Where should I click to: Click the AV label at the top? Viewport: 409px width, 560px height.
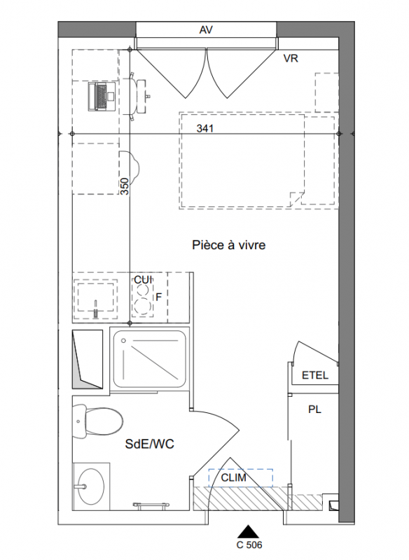(206, 30)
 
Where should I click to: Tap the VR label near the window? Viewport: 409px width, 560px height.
(291, 58)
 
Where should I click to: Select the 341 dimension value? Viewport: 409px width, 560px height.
(205, 128)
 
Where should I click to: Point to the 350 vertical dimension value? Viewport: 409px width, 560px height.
(124, 186)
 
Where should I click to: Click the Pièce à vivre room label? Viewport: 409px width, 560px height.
(228, 245)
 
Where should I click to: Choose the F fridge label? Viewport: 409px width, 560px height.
(159, 297)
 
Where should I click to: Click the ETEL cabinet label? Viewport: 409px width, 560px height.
(314, 375)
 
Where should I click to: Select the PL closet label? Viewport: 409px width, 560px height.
(314, 409)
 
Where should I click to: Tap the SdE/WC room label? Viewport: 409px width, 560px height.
(150, 444)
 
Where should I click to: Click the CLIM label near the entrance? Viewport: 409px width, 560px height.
(234, 477)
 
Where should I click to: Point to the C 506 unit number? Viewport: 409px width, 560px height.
(249, 545)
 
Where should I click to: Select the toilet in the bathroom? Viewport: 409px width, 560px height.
(97, 422)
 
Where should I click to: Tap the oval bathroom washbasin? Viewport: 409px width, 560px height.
(91, 486)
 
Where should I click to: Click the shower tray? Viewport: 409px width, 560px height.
(150, 358)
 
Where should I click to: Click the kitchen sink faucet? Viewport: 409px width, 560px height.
(95, 309)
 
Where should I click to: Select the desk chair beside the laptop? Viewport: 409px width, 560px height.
(137, 97)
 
